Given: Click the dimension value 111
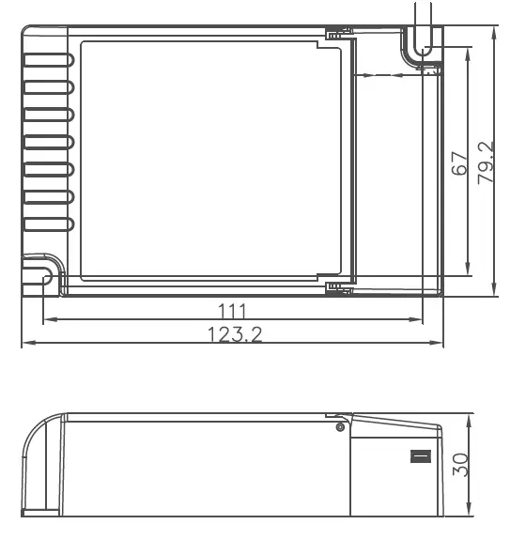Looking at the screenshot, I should (x=231, y=311).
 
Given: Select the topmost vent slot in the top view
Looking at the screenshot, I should (x=48, y=60).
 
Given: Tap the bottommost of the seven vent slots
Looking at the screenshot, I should (x=48, y=224).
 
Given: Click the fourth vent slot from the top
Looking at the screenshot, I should (x=48, y=143).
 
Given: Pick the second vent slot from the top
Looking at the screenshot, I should (x=48, y=87).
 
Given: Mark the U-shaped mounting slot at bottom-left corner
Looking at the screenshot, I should (x=43, y=276).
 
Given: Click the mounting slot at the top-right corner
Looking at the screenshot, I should (x=424, y=42).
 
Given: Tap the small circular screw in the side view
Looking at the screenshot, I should (x=340, y=427).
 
